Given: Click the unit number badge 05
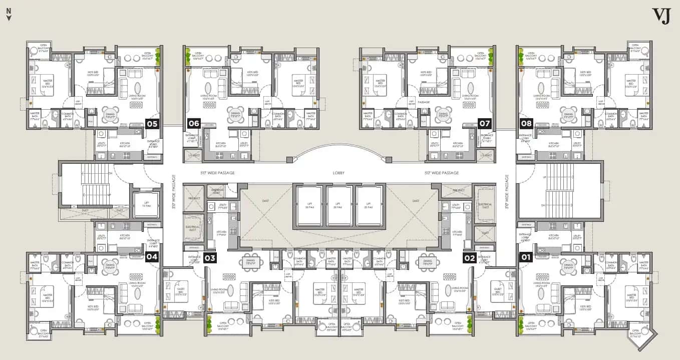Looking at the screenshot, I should coord(152,123).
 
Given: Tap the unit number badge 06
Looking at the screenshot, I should coord(194,123).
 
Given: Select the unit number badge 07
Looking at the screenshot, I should coord(484,123).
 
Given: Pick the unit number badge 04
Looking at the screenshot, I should coord(152,257).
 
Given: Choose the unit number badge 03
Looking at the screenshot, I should coord(210,258).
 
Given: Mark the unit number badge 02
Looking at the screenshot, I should coord(469,258).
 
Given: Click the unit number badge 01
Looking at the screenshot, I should coord(526,257).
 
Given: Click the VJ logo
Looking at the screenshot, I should coord(661,16).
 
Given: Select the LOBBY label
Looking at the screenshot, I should coord(339,173).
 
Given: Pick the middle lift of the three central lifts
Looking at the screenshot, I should coord(339,205).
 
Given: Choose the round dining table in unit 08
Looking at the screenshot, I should coord(568,113).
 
